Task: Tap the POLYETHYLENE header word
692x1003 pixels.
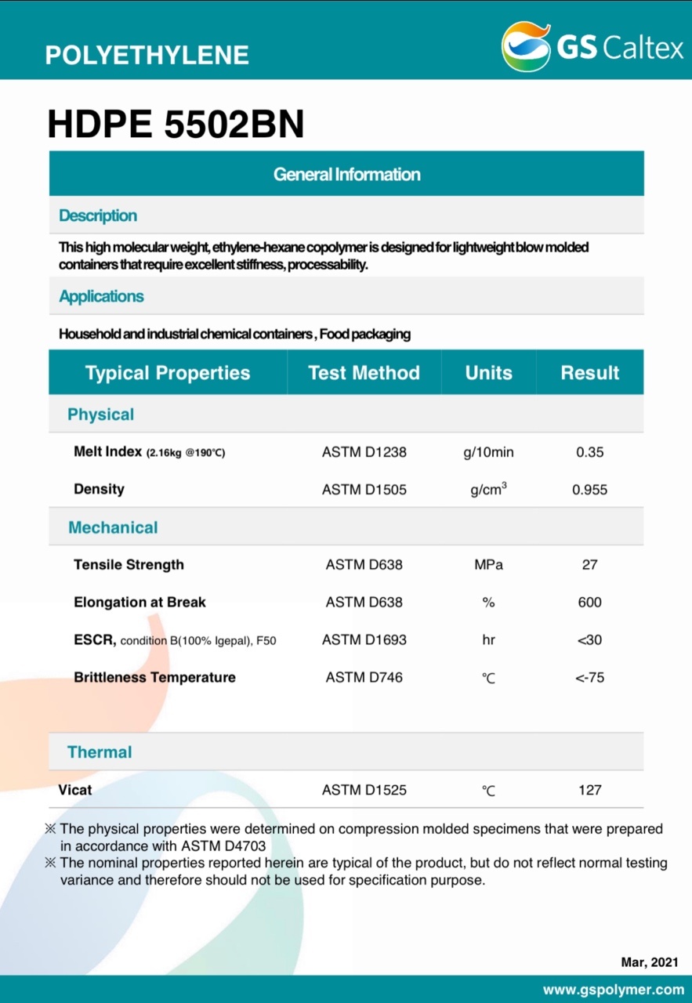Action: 147,55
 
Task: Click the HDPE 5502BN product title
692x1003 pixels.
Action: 176,125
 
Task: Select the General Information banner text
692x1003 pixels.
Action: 346,174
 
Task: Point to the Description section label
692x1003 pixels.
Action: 98,215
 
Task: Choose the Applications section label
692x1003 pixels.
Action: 101,296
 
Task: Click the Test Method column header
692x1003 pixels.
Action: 364,373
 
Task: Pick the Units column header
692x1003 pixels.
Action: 488,373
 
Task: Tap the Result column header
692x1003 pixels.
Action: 589,373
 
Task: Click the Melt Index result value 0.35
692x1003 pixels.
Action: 589,452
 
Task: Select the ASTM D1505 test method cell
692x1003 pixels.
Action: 364,490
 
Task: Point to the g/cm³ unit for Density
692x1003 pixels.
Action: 488,490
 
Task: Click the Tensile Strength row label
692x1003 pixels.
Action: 129,565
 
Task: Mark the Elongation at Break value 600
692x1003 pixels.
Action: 589,603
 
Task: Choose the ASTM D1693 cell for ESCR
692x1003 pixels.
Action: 364,640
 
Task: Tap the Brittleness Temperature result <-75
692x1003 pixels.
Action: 589,678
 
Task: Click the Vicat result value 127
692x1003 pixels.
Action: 589,791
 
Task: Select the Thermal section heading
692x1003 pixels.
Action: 100,752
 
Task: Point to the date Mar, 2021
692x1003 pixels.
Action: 650,962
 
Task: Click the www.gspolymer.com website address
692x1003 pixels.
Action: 613,989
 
